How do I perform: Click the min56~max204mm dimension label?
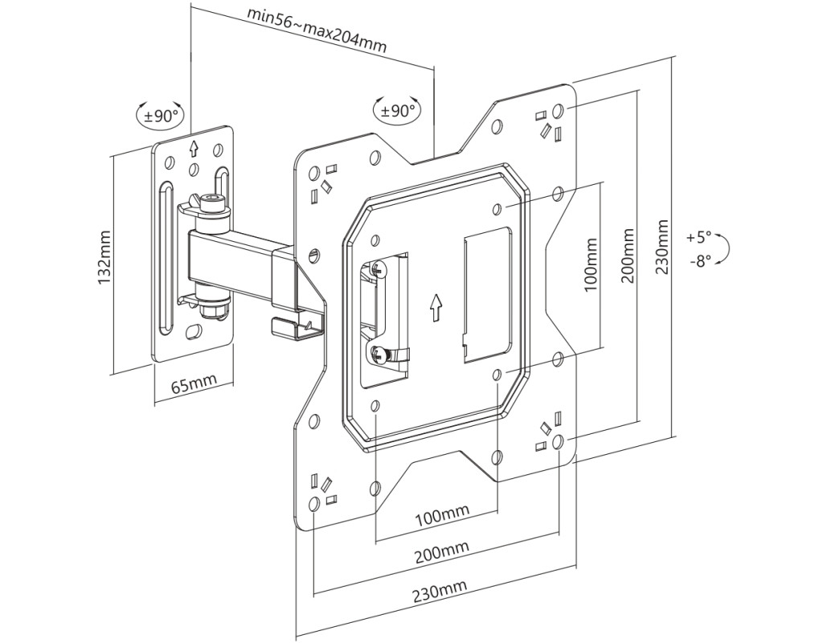click(317, 30)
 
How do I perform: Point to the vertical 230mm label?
click(662, 247)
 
